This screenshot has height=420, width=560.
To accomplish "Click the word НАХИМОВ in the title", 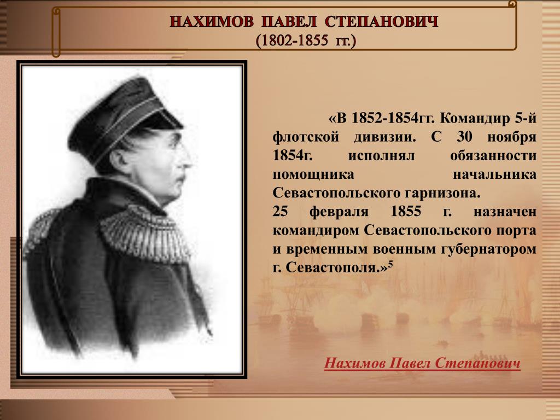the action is tap(212, 22).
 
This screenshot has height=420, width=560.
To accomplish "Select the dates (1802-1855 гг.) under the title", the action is tap(306, 40).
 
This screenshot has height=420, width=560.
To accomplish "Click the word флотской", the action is tap(306, 137).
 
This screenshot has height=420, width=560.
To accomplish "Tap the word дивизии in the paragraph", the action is tap(385, 137).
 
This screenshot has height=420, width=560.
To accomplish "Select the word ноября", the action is tap(512, 137).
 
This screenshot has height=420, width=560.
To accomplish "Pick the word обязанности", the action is tap(493, 156).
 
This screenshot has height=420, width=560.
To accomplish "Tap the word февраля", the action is tap(339, 212).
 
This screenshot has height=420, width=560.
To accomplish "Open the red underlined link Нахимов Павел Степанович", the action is tap(422, 363).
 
